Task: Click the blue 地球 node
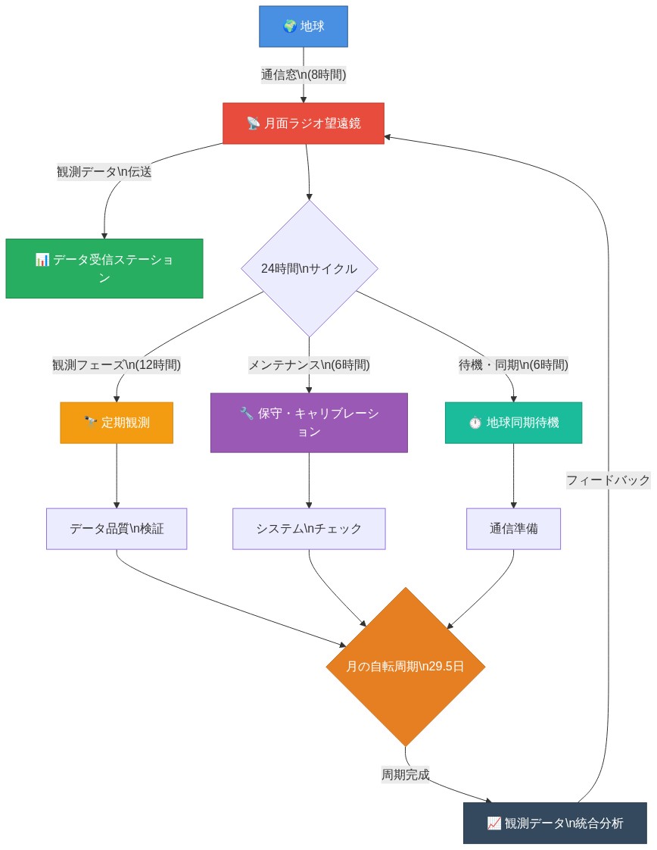click(304, 27)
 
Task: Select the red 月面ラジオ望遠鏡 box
click(304, 123)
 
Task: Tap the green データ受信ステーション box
click(104, 269)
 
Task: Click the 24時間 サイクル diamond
click(309, 268)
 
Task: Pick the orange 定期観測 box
click(117, 423)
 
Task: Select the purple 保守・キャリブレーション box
click(309, 423)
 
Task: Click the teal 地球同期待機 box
click(513, 423)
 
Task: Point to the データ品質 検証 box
click(117, 529)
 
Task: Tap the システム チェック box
click(309, 529)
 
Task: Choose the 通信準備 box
click(513, 529)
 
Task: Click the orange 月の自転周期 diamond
click(405, 667)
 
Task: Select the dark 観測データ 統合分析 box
click(555, 823)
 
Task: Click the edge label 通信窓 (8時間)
click(304, 74)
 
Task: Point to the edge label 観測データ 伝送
click(104, 172)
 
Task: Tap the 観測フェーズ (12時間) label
click(117, 365)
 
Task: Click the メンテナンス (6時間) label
click(309, 365)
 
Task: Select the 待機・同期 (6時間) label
click(513, 365)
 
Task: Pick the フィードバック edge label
click(609, 480)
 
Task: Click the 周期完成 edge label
click(405, 775)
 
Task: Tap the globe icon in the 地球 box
click(289, 27)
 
